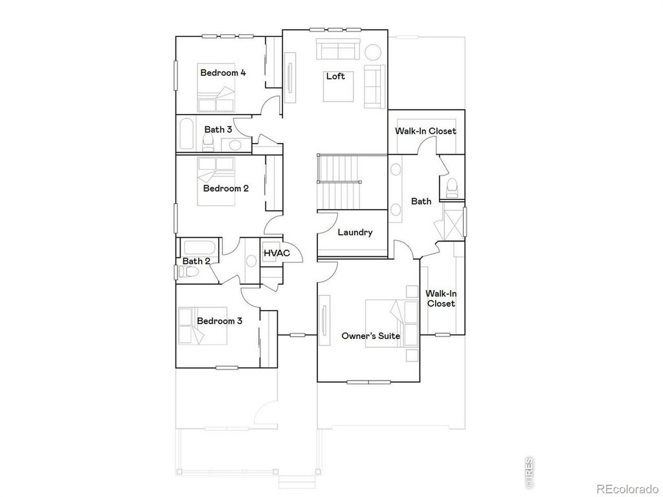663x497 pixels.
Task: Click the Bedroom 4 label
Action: click(x=223, y=72)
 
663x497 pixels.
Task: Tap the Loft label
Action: click(x=335, y=76)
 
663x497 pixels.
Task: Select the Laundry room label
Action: click(x=355, y=232)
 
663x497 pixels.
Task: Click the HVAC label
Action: click(x=276, y=253)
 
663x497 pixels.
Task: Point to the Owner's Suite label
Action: click(x=370, y=336)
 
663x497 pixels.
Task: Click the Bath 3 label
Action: click(x=218, y=129)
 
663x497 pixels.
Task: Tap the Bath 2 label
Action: click(x=196, y=261)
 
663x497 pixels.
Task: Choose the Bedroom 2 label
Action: click(x=226, y=189)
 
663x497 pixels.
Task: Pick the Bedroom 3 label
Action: click(x=219, y=321)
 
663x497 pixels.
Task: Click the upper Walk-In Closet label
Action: click(x=425, y=131)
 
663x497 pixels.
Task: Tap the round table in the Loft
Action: click(x=373, y=51)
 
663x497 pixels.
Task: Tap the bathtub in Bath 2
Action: click(x=201, y=247)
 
